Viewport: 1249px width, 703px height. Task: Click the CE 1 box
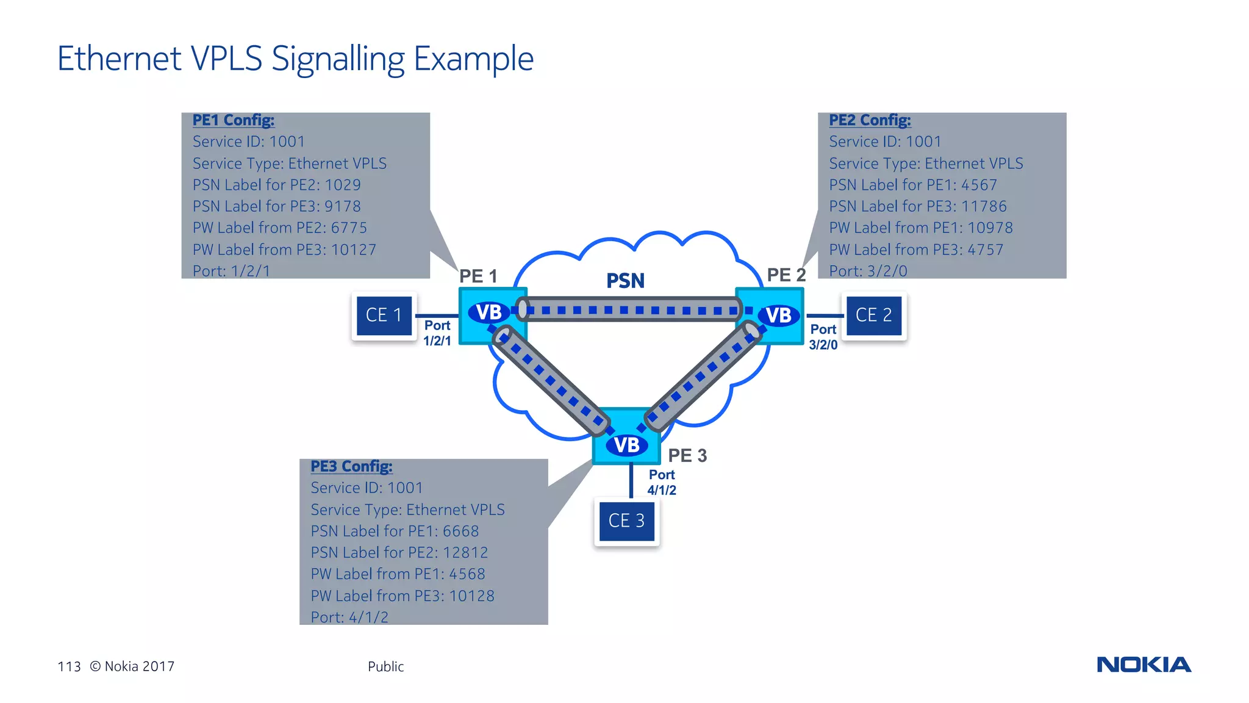pyautogui.click(x=384, y=315)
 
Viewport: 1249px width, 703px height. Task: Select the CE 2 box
pyautogui.click(x=873, y=315)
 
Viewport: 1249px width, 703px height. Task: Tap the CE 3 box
pyautogui.click(x=626, y=521)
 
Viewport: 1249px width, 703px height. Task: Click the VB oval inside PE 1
pyautogui.click(x=489, y=312)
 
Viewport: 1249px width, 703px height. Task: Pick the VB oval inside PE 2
pyautogui.click(x=778, y=315)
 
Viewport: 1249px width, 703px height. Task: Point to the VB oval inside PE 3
pyautogui.click(x=626, y=445)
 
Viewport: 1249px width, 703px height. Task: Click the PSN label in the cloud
pyautogui.click(x=625, y=281)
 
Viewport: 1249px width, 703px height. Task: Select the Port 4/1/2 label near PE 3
pyautogui.click(x=662, y=482)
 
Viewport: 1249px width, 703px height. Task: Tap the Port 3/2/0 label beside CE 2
pyautogui.click(x=823, y=337)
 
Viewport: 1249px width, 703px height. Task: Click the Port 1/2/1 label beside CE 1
pyautogui.click(x=437, y=333)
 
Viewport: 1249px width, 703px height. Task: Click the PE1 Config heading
pyautogui.click(x=234, y=120)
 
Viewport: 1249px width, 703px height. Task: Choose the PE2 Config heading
pyautogui.click(x=870, y=120)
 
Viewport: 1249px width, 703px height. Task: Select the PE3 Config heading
pyautogui.click(x=351, y=466)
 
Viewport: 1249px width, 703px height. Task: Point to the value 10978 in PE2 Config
pyautogui.click(x=990, y=228)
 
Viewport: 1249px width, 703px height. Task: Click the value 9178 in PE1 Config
pyautogui.click(x=343, y=206)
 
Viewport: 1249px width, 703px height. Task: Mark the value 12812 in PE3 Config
pyautogui.click(x=465, y=552)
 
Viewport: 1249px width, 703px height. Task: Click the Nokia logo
pyautogui.click(x=1143, y=665)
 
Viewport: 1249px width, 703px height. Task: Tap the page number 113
pyautogui.click(x=69, y=666)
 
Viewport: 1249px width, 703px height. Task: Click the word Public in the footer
pyautogui.click(x=385, y=666)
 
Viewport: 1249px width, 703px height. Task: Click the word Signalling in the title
pyautogui.click(x=338, y=59)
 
